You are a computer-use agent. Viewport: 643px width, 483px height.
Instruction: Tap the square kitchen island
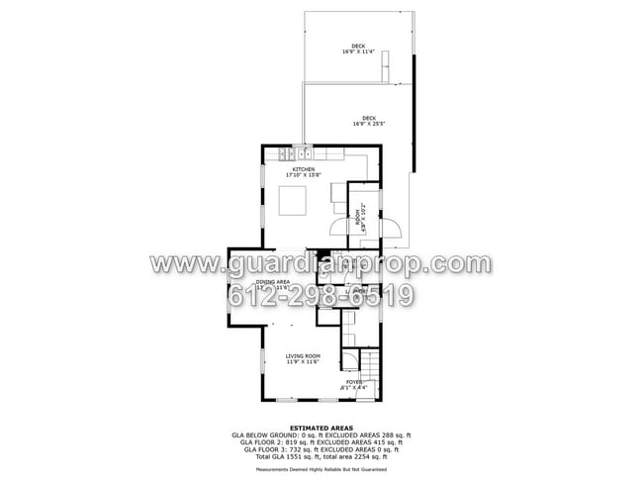293,201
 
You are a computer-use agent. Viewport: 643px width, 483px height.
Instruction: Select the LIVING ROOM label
303,355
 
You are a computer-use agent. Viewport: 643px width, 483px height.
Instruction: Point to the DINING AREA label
272,282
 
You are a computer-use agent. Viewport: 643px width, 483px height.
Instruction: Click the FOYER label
353,381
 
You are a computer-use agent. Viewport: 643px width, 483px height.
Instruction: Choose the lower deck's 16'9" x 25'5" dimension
368,124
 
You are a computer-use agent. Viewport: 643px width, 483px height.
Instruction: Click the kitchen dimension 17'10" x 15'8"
303,175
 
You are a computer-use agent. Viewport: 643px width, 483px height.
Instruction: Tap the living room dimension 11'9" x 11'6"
303,361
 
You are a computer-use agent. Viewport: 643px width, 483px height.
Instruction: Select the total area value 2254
365,456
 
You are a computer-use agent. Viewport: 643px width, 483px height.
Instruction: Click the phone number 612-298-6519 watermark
321,294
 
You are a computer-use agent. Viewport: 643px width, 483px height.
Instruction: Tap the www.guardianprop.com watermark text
321,264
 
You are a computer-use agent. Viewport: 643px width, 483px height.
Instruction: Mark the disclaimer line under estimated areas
321,469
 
